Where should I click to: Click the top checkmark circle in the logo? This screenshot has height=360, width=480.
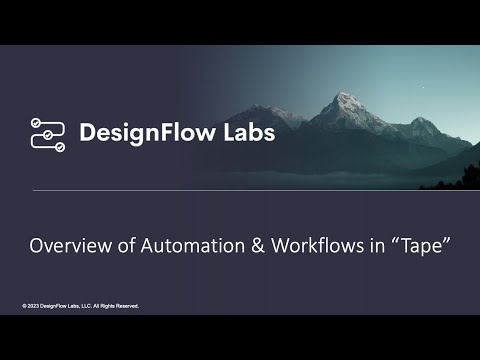(x=37, y=122)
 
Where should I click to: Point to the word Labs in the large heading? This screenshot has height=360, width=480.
(x=244, y=133)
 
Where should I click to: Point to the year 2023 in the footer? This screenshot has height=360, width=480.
(x=33, y=305)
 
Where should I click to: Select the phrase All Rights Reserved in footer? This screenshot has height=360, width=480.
(x=117, y=305)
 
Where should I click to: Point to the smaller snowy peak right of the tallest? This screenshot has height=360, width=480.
(x=423, y=122)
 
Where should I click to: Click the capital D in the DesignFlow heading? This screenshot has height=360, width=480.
(x=87, y=133)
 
